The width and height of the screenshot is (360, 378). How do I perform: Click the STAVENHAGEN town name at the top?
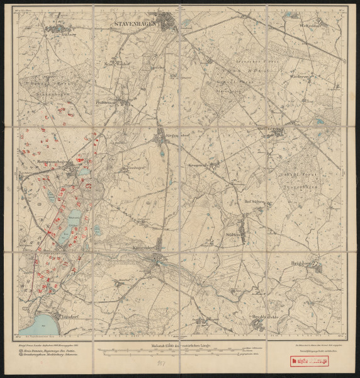(135, 25)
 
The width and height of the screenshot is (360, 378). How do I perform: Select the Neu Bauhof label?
(116, 64)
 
